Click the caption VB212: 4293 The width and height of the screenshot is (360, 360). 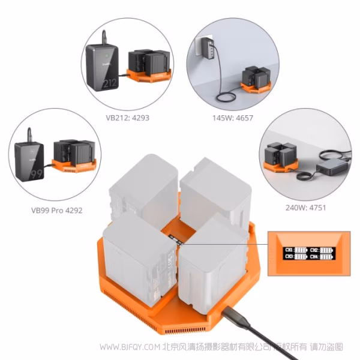[124, 118]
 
